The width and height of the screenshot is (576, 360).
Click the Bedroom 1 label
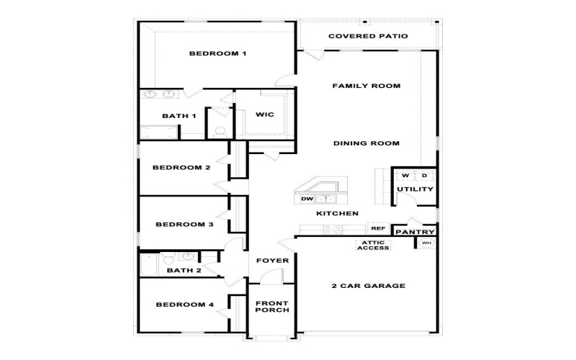pyautogui.click(x=217, y=53)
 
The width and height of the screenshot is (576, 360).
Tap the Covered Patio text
pyautogui.click(x=368, y=36)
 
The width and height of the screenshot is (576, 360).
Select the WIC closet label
pyautogui.click(x=264, y=114)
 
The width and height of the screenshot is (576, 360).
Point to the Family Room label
pyautogui.click(x=366, y=86)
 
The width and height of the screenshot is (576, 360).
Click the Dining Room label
pyautogui.click(x=366, y=143)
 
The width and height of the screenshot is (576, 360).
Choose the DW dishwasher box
pyautogui.click(x=307, y=199)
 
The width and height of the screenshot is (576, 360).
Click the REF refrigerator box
pyautogui.click(x=378, y=228)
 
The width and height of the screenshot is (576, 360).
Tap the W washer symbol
pyautogui.click(x=405, y=176)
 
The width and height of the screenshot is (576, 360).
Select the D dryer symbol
pyautogui.click(x=424, y=176)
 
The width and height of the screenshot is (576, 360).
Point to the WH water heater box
pyautogui.click(x=426, y=243)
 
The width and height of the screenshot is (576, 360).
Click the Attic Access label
pyautogui.click(x=373, y=245)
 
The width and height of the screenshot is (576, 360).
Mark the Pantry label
pyautogui.click(x=415, y=232)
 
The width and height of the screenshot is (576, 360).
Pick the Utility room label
pyautogui.click(x=415, y=189)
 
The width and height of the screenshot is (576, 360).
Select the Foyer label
pyautogui.click(x=272, y=261)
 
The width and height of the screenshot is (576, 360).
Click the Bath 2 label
pyautogui.click(x=184, y=271)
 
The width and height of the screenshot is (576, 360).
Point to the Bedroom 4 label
pyautogui.click(x=185, y=305)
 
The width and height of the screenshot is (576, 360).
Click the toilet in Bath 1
pyautogui.click(x=220, y=131)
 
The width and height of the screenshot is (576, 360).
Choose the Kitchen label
pyautogui.click(x=338, y=214)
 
